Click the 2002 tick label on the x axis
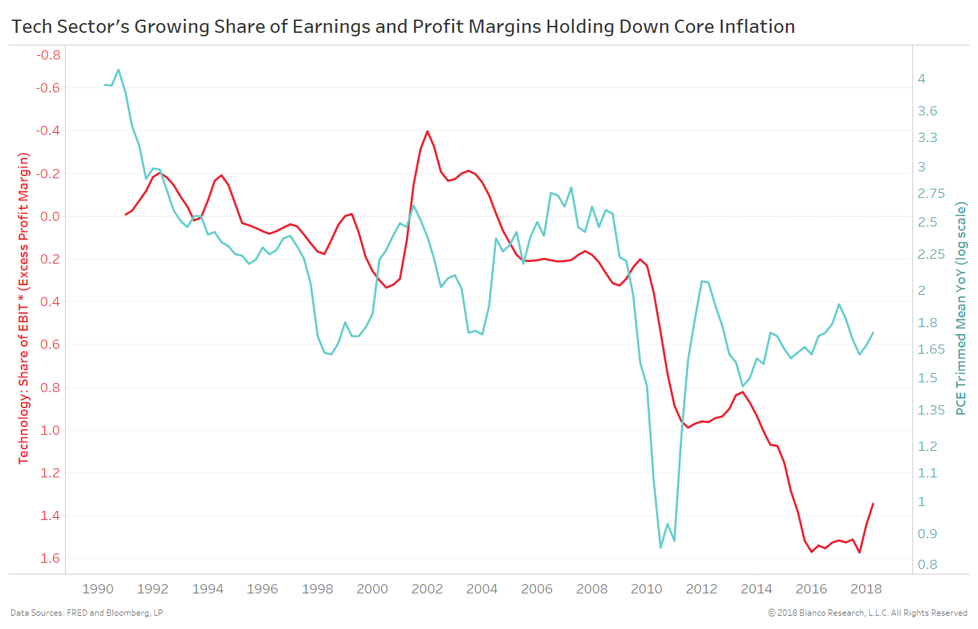point(427,589)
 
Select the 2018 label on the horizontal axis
point(866,589)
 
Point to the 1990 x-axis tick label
point(98,589)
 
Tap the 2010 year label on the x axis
point(646,589)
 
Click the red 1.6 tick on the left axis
point(50,558)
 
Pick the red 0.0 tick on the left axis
point(50,217)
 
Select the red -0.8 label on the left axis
point(48,55)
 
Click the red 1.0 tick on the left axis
point(50,431)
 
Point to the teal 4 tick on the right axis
point(921,79)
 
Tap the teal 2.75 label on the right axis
point(930,194)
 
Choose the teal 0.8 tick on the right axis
point(927,565)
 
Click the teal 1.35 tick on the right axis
point(930,410)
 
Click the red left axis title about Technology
point(24,308)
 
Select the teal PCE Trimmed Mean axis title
point(961,308)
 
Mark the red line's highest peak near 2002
point(428,131)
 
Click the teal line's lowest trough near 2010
point(661,547)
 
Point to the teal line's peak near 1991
point(118,70)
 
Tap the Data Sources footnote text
point(87,613)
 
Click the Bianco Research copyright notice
point(868,613)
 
